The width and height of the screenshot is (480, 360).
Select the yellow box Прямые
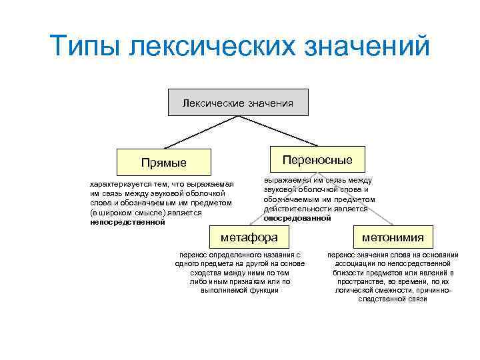point(164,163)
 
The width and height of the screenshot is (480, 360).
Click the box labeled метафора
point(249,237)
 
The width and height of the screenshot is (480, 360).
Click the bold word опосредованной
point(297,218)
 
